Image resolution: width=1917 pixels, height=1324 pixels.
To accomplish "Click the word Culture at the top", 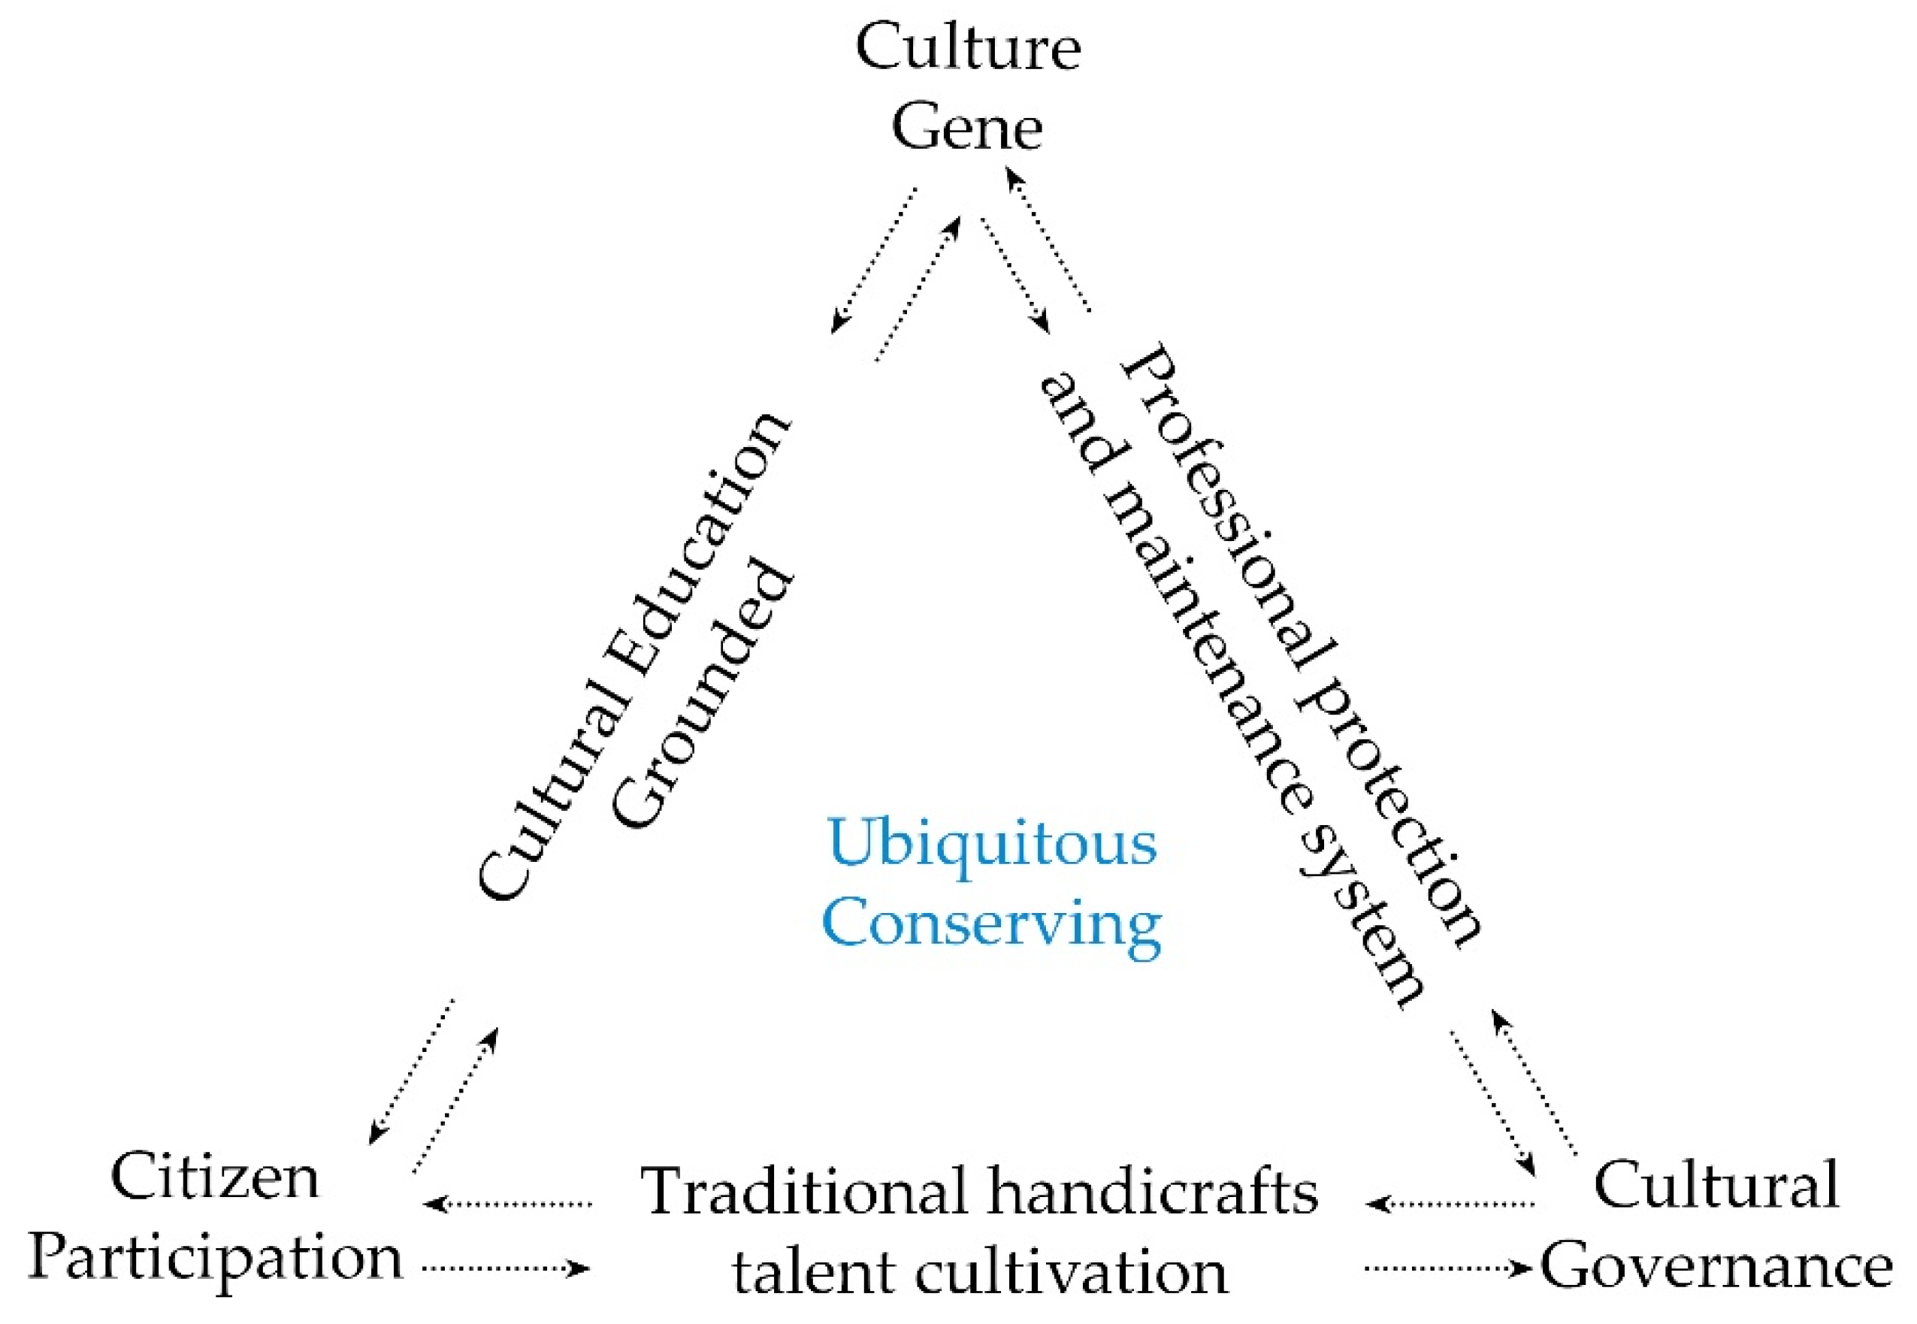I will click(967, 48).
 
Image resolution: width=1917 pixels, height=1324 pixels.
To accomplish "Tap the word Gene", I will click(966, 128).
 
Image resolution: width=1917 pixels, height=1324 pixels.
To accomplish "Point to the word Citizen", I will click(215, 1176).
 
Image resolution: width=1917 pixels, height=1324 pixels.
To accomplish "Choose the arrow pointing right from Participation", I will click(506, 1268).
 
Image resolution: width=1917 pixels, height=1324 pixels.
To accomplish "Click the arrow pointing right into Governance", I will click(1447, 1268).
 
